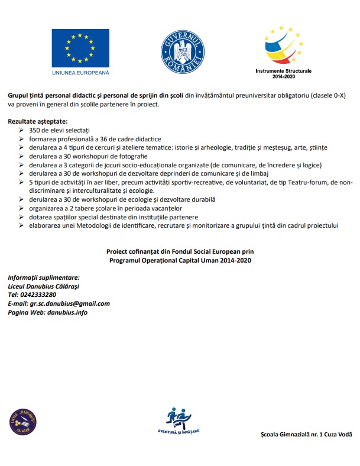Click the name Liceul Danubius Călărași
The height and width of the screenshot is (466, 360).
[x=43, y=286]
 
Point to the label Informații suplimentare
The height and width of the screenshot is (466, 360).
[x=43, y=277]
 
